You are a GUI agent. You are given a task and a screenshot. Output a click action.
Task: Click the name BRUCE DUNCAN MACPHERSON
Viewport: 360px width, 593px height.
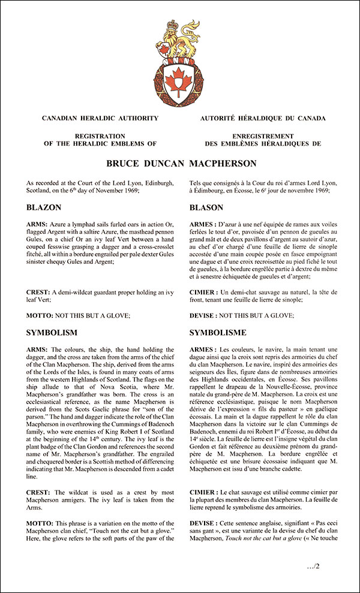[179, 163]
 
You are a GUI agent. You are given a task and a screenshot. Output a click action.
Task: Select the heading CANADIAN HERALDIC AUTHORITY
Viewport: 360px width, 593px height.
[100, 119]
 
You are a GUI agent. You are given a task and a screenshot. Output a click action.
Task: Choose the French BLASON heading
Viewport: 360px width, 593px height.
[206, 208]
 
